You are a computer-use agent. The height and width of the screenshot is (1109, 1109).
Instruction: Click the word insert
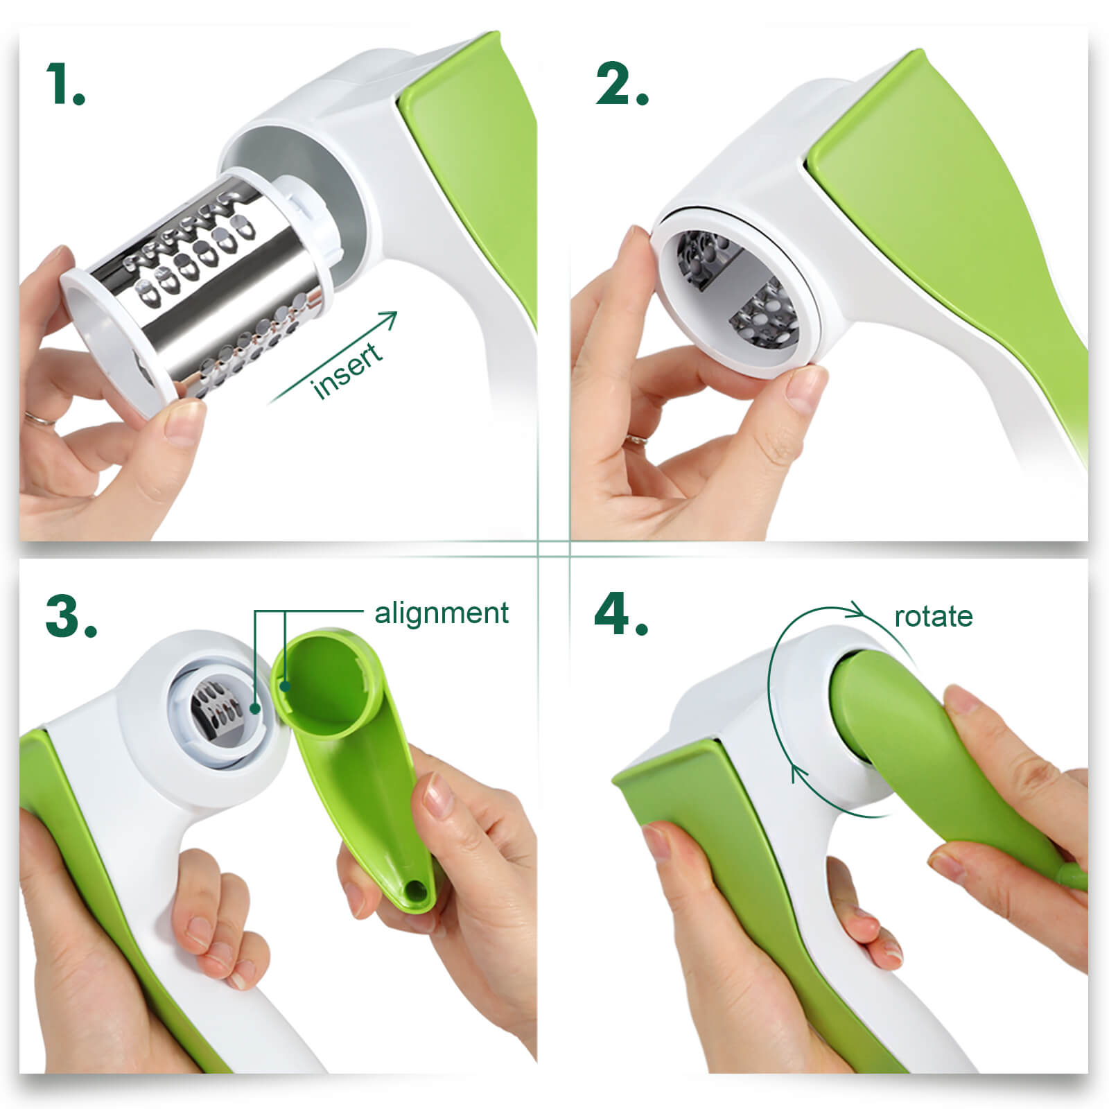tap(347, 371)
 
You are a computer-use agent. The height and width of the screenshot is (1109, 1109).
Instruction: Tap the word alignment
tap(442, 613)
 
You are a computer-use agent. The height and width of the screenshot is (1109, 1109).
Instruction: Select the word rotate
tap(934, 616)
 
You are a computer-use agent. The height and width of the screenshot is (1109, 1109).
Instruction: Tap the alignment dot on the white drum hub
tap(256, 708)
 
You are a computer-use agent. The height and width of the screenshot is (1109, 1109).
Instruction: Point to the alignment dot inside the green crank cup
tap(285, 686)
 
